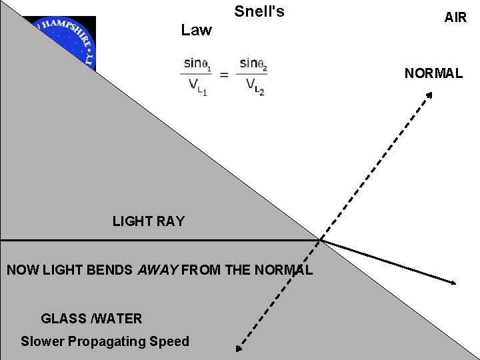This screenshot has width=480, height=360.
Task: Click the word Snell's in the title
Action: coord(259,11)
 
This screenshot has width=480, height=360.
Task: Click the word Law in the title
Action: coord(196,30)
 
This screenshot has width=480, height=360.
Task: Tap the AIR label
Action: coord(455,17)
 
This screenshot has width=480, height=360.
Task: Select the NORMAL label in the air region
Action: coord(433,73)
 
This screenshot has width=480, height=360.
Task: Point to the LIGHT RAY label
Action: coord(149,221)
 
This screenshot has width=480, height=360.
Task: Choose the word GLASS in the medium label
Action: coord(63,319)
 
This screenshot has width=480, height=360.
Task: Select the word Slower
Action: coord(43,341)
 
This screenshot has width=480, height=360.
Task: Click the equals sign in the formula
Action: coord(224,75)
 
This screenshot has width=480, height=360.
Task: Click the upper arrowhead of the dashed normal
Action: coord(430,95)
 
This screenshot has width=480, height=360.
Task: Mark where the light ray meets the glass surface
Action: coord(320,239)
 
